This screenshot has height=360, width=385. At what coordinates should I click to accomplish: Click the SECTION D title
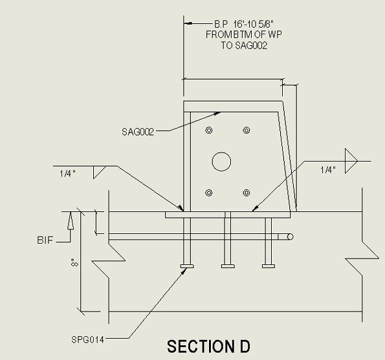click(208, 346)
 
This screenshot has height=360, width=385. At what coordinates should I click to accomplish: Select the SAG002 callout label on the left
click(138, 132)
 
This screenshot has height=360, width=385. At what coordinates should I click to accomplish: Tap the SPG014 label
click(87, 340)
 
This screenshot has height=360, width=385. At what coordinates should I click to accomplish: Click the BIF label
click(45, 240)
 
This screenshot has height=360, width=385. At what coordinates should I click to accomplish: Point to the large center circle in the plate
click(221, 162)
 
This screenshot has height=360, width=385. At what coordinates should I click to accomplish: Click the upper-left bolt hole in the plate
click(209, 130)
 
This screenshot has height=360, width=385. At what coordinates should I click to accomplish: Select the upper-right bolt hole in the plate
click(247, 130)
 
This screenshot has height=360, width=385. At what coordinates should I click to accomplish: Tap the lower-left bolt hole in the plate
click(209, 193)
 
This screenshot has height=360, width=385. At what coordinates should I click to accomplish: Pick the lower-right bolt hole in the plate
click(247, 193)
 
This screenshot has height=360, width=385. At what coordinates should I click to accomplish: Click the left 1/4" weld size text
click(67, 173)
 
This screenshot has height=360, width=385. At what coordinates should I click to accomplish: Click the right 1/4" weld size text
click(328, 170)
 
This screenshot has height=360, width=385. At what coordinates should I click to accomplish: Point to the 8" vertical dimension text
click(74, 262)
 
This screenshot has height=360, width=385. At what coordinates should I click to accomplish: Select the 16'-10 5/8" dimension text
click(254, 24)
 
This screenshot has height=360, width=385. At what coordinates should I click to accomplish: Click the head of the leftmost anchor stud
click(187, 266)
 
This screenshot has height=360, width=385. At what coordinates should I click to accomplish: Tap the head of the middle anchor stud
click(228, 266)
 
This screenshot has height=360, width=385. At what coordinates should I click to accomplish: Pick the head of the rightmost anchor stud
click(269, 266)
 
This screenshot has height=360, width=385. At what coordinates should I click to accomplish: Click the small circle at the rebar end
click(290, 237)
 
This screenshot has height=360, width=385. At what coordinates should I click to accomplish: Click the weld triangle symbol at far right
click(351, 161)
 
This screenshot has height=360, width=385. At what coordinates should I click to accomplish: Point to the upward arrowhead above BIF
click(71, 220)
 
